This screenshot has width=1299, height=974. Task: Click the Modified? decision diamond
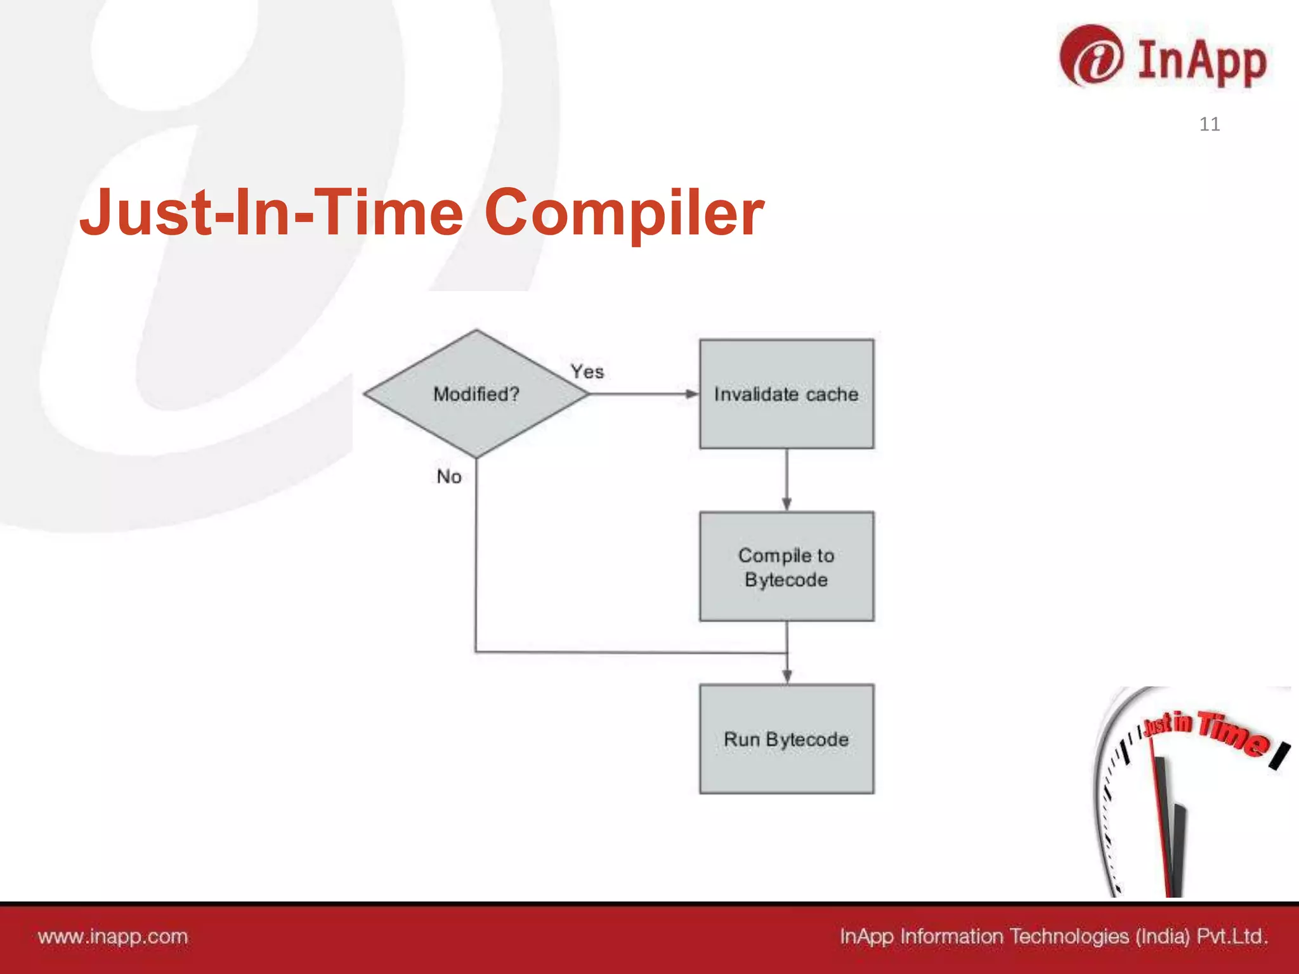476,394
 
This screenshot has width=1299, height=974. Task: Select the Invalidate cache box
787,394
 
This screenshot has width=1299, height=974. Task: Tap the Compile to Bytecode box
787,566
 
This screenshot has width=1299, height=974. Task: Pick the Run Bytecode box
787,739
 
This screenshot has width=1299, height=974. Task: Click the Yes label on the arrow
587,372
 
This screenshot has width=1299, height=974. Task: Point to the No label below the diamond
449,476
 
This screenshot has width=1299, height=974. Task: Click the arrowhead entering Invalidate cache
691,394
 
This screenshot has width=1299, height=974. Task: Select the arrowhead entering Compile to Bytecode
787,504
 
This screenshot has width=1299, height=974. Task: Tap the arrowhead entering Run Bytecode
787,677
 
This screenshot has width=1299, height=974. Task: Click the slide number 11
1210,124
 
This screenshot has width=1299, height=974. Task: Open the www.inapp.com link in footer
113,937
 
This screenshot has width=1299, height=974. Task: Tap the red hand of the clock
1162,824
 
